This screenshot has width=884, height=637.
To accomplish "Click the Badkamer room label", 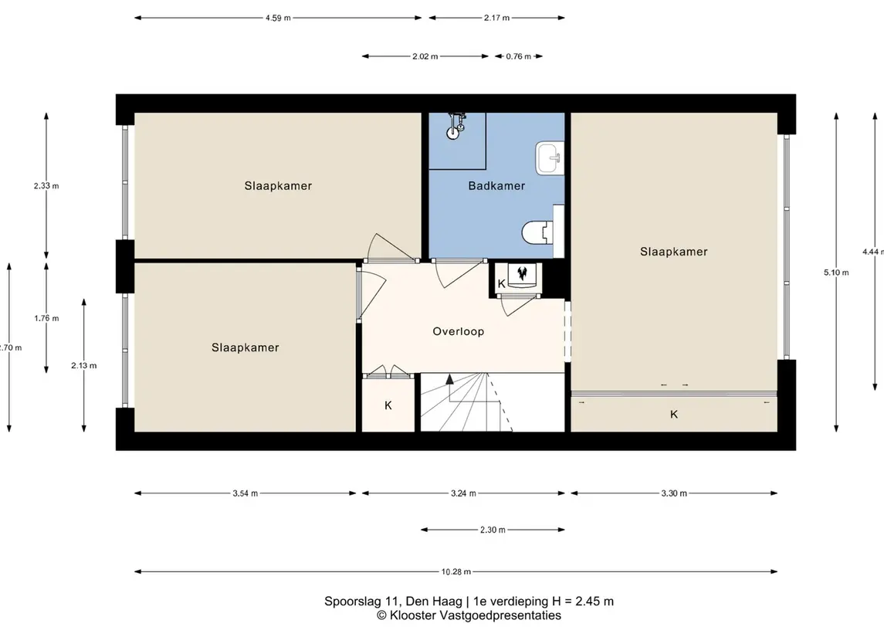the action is click(x=496, y=186).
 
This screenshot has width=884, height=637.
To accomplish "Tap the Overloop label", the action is click(x=459, y=331).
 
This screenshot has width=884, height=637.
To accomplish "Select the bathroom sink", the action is click(x=549, y=158).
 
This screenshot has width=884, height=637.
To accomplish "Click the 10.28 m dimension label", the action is click(x=456, y=571).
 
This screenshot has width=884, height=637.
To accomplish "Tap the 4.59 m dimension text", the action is click(x=278, y=18).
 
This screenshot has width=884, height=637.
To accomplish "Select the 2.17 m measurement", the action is click(x=496, y=18).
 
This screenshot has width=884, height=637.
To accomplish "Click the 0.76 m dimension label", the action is click(x=518, y=56).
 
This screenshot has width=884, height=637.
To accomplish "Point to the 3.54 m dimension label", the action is click(x=246, y=493).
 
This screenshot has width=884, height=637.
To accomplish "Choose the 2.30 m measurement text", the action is click(x=492, y=530).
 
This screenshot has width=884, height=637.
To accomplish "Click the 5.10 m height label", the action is click(x=836, y=273).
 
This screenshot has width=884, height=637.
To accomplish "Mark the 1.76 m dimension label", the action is click(x=46, y=318).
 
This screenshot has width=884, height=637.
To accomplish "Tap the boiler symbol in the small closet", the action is click(x=522, y=274).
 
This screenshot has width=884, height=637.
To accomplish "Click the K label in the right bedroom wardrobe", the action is click(x=674, y=415).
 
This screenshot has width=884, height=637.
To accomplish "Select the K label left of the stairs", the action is click(x=388, y=405).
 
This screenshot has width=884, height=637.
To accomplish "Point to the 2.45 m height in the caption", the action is click(x=594, y=601).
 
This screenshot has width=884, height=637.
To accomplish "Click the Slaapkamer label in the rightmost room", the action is click(x=674, y=252).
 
